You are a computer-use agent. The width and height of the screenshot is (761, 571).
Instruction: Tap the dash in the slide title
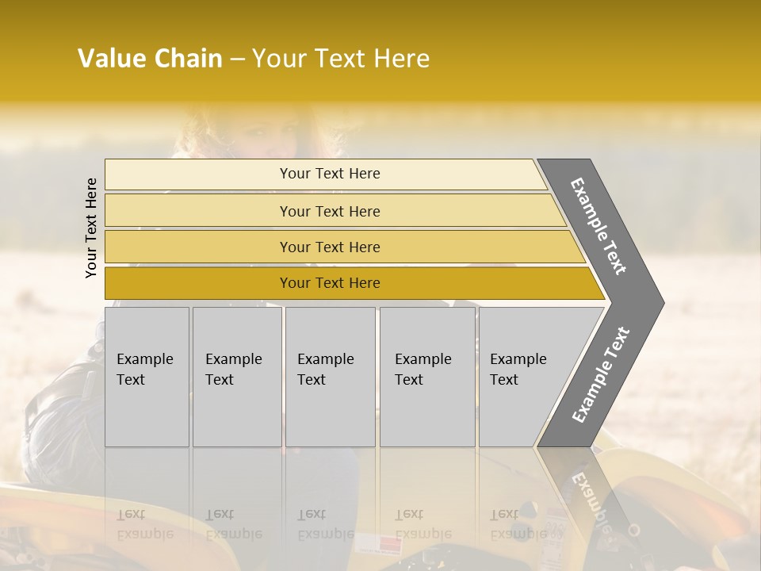tap(236, 59)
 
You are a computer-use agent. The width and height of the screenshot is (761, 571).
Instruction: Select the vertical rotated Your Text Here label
tap(91, 228)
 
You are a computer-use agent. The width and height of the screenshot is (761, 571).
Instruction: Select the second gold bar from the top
tap(330, 211)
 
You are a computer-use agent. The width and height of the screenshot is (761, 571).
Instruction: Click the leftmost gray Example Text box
tap(147, 376)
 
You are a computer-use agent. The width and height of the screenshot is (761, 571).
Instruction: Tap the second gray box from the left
tap(237, 376)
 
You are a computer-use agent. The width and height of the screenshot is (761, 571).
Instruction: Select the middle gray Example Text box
tap(330, 376)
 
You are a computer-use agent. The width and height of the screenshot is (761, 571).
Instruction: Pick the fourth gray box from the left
tap(427, 376)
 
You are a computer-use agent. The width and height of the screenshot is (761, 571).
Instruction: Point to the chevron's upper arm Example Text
tap(598, 225)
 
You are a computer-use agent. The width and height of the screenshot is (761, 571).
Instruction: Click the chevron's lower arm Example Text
tap(600, 375)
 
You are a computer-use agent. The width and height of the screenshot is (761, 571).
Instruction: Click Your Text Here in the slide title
tap(341, 59)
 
